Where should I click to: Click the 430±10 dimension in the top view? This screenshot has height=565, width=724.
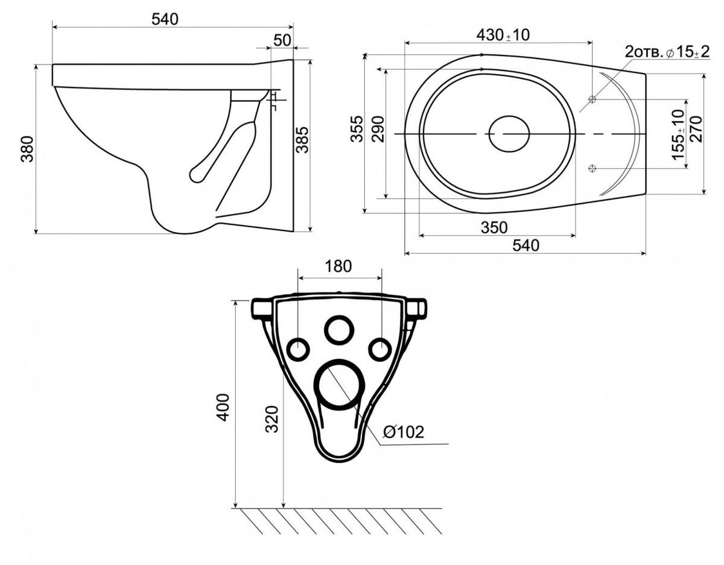(503, 35)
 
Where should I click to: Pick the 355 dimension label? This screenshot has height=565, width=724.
(357, 128)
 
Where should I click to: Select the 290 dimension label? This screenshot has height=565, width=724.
(378, 128)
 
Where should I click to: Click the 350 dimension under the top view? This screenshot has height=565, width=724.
(494, 227)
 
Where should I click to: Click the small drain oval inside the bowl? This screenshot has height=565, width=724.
(509, 133)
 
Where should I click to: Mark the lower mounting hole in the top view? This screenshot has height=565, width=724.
(592, 168)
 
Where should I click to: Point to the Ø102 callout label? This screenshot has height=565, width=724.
(404, 432)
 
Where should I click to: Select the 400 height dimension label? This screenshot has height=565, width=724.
(223, 407)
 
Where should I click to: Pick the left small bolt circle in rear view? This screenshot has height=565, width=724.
(298, 349)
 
